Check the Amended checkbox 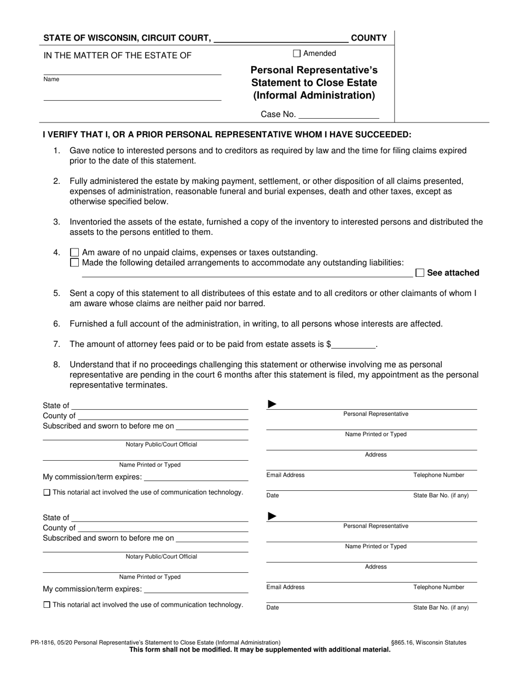297,54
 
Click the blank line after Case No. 339,115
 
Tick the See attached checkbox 420,272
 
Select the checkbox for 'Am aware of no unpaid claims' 74,253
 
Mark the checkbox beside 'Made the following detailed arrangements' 74,263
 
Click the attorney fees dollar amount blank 354,345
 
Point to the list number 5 57,293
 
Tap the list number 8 57,364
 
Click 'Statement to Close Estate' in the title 314,83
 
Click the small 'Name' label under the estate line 51,79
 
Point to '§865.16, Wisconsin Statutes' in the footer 429,642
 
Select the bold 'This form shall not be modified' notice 259,650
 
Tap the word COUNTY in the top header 368,38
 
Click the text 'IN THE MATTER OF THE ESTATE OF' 117,55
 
